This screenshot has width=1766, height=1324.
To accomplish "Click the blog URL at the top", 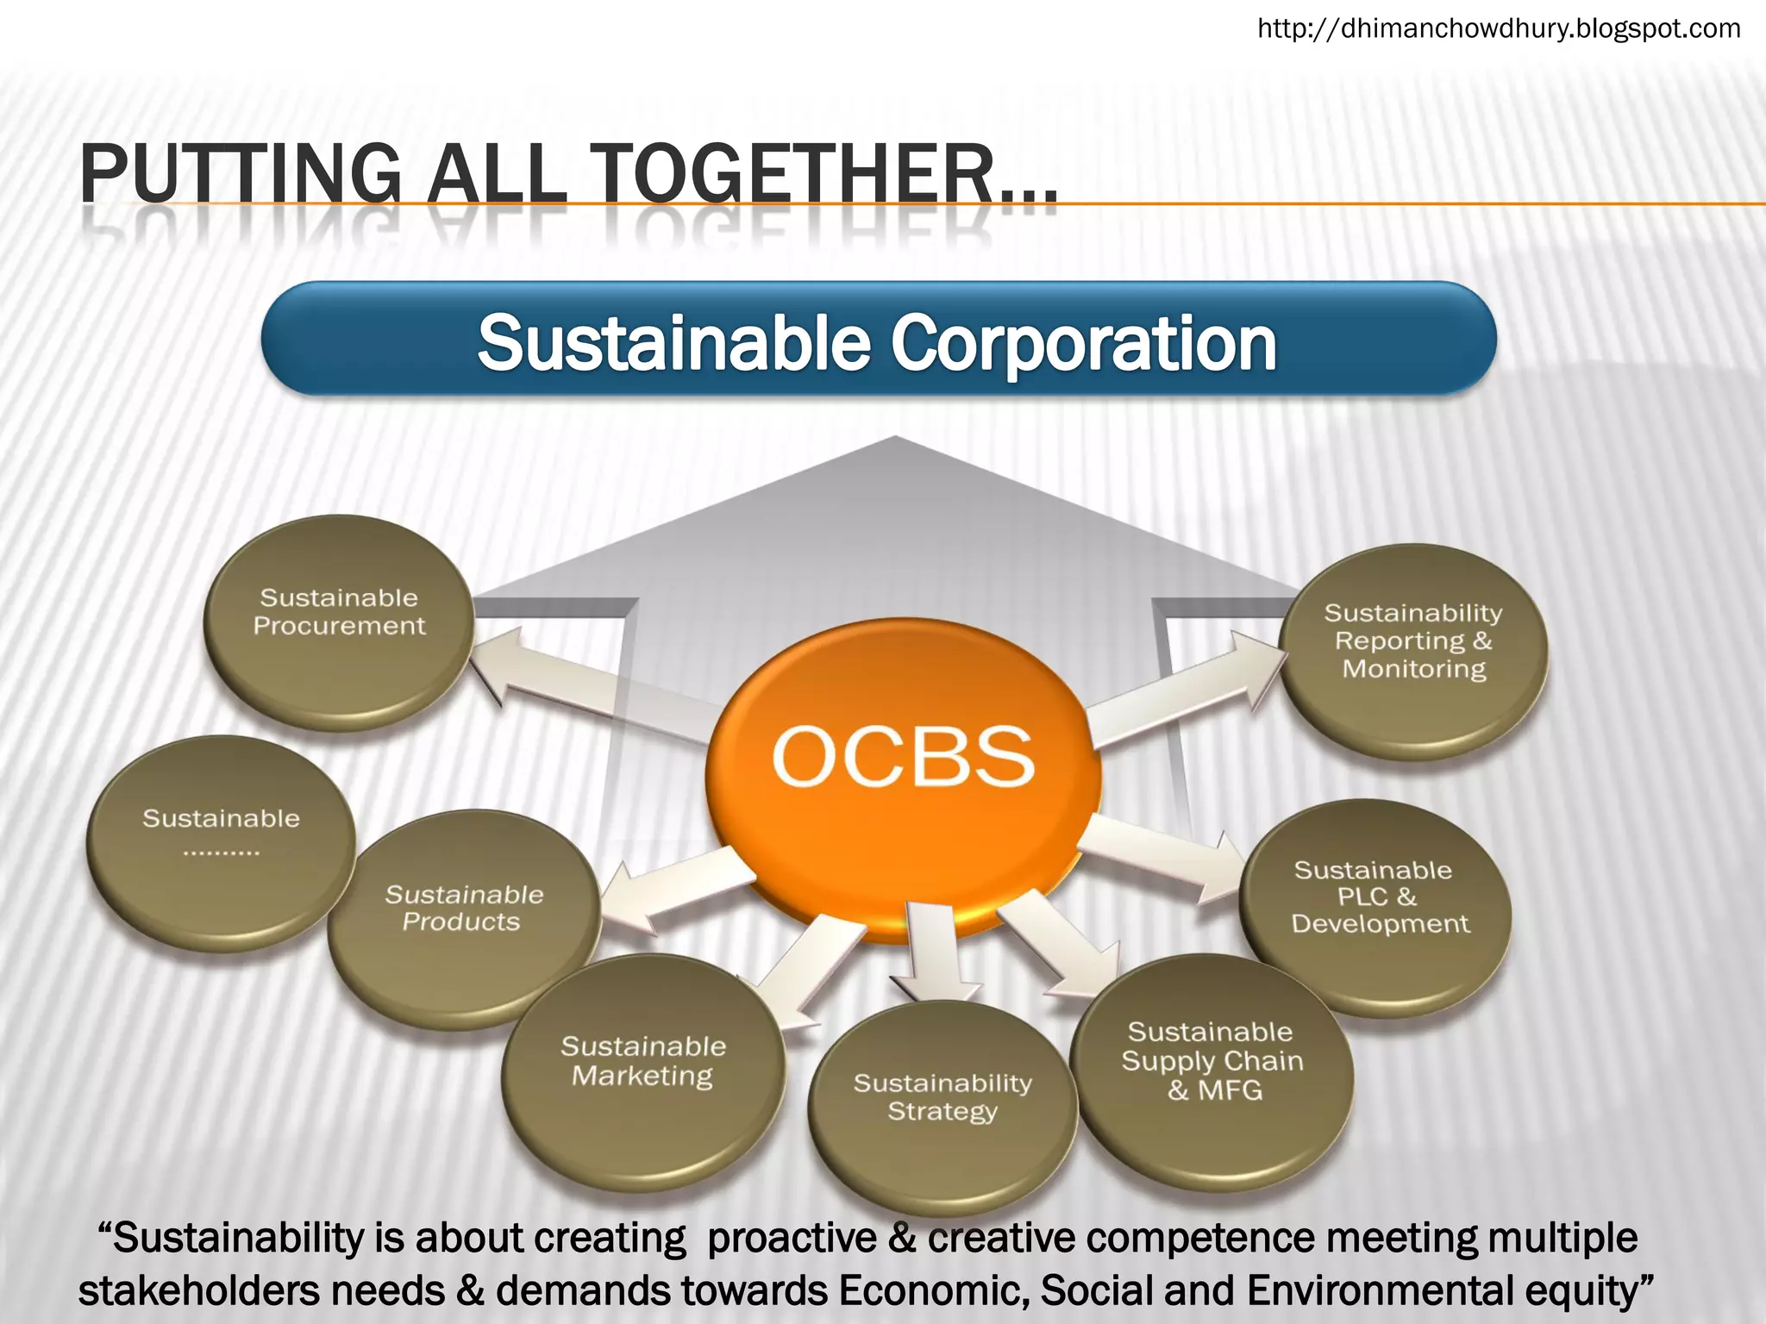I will [1499, 28].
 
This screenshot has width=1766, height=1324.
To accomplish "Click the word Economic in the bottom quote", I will [934, 1290].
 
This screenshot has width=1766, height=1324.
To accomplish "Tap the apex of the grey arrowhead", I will [895, 438].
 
